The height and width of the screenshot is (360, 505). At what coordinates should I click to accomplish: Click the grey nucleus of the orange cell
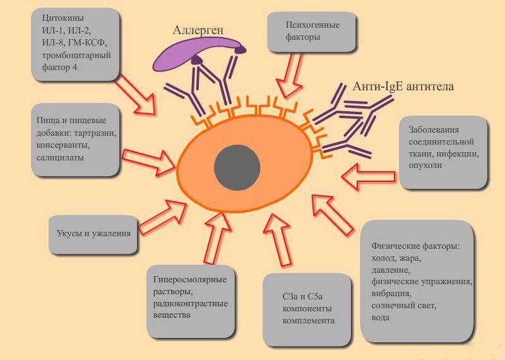[237, 167]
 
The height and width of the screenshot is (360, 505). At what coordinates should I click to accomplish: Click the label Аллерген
[198, 30]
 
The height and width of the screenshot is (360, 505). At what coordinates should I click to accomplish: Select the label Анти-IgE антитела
[403, 87]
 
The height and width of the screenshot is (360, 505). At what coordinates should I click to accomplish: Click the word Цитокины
[62, 18]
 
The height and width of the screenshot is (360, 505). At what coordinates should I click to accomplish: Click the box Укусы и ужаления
[93, 234]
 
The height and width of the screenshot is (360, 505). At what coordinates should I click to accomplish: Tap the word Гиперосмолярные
[190, 280]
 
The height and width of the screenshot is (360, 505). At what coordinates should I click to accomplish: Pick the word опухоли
[425, 165]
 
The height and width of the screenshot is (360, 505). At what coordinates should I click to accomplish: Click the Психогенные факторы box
[311, 32]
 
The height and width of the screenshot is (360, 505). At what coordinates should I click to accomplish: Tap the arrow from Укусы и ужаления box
[163, 217]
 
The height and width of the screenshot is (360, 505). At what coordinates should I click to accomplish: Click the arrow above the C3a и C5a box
[278, 240]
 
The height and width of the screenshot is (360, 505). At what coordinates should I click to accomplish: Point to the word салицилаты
[60, 158]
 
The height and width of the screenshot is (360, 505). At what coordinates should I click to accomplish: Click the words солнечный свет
[403, 306]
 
